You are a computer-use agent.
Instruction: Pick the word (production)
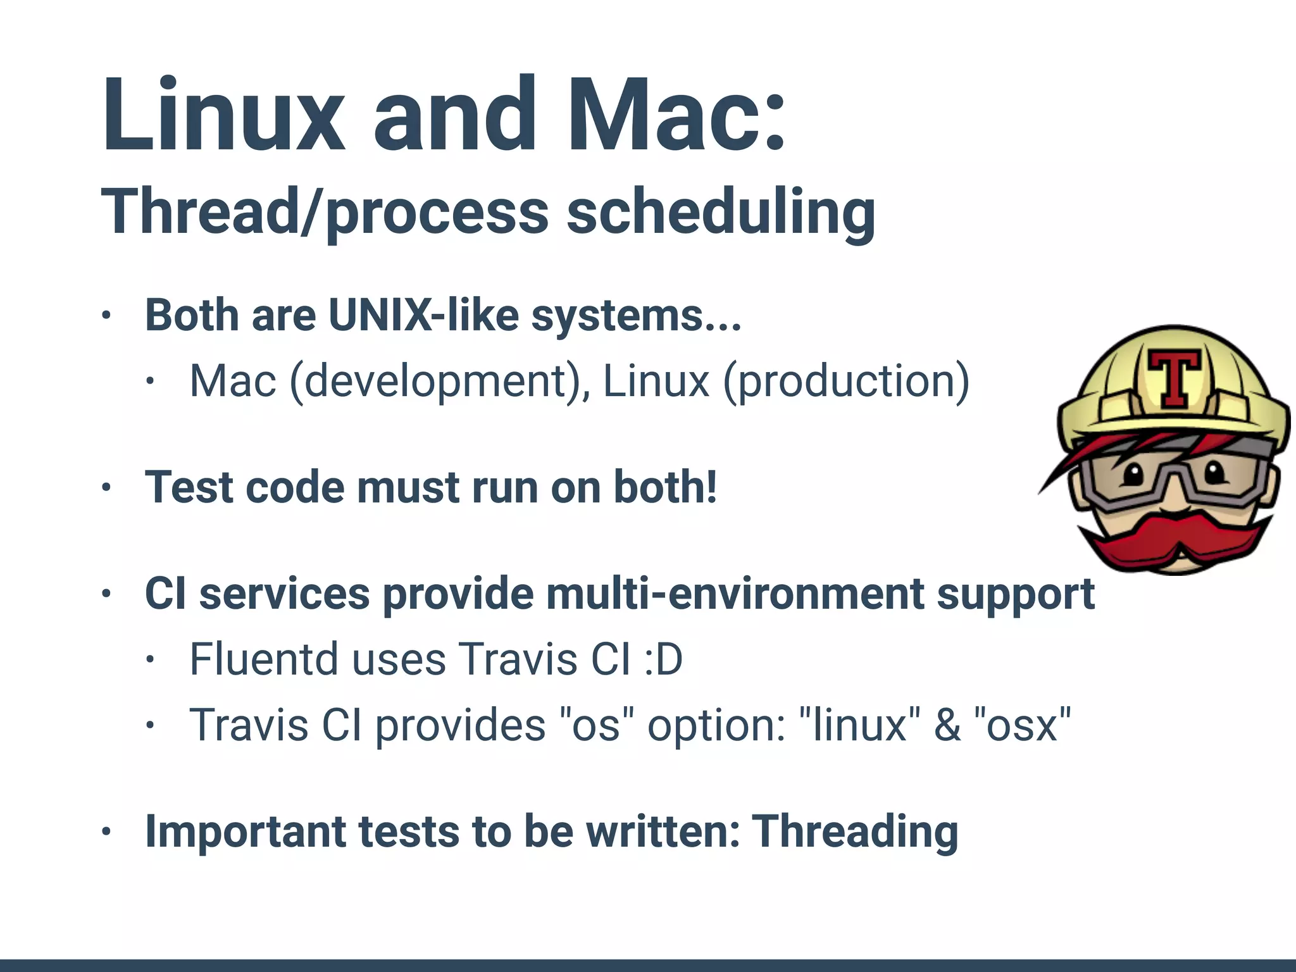[x=846, y=382]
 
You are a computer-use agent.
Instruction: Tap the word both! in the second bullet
[x=665, y=487]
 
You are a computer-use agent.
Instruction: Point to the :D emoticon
[x=663, y=659]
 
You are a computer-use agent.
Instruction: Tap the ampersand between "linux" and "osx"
[x=947, y=726]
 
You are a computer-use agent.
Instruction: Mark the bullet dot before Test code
[x=106, y=488]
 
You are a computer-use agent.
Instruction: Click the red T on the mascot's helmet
[x=1174, y=378]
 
